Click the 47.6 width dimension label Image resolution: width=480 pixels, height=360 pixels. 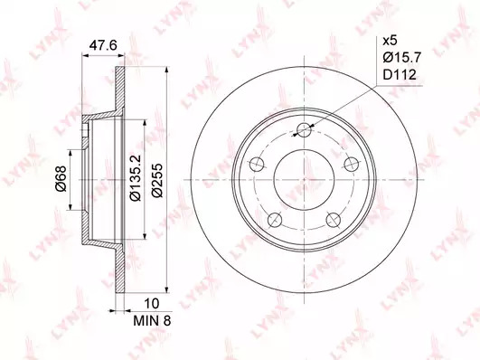(x=103, y=45)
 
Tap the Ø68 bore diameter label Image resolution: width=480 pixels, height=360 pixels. (x=61, y=178)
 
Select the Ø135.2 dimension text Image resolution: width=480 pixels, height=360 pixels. (x=135, y=178)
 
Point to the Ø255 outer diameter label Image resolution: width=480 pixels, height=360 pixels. (x=157, y=181)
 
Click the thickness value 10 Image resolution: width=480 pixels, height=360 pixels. (x=152, y=303)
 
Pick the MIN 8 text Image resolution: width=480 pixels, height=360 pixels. (x=152, y=321)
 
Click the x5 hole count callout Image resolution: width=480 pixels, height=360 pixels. (x=390, y=41)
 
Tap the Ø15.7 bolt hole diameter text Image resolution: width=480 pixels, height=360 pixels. (x=402, y=57)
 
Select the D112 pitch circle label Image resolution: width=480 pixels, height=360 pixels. (x=400, y=74)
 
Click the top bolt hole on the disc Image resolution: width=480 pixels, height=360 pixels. (x=305, y=130)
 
